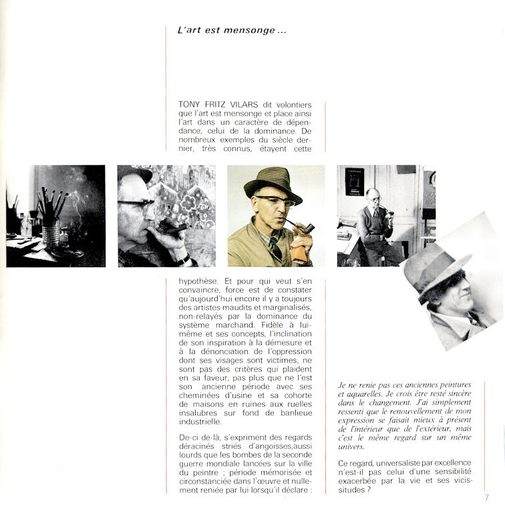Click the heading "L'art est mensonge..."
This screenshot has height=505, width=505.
[x=227, y=31]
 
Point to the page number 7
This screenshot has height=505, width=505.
[x=486, y=497]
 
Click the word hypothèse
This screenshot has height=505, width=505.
[x=201, y=281]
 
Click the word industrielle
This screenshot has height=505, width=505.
[x=199, y=422]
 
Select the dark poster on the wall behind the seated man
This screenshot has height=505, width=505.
[x=355, y=181]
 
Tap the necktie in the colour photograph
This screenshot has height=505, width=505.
[x=275, y=249]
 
